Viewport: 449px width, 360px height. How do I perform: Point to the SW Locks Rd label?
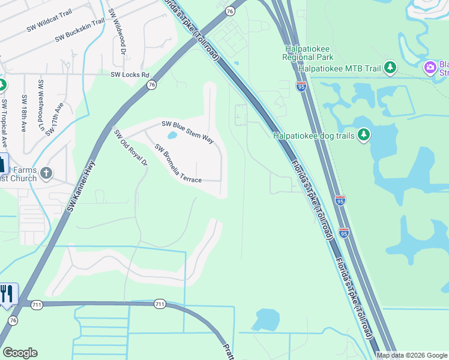point(130,74)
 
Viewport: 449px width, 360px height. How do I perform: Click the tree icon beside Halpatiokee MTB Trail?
point(391,68)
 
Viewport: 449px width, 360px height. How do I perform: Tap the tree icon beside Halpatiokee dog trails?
point(363,136)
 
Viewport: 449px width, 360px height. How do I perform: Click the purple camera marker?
point(430,67)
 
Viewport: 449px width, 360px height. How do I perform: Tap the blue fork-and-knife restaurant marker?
point(7,293)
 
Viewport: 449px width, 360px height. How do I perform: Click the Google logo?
point(20,353)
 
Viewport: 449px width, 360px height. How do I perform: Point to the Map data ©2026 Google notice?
point(412,355)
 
